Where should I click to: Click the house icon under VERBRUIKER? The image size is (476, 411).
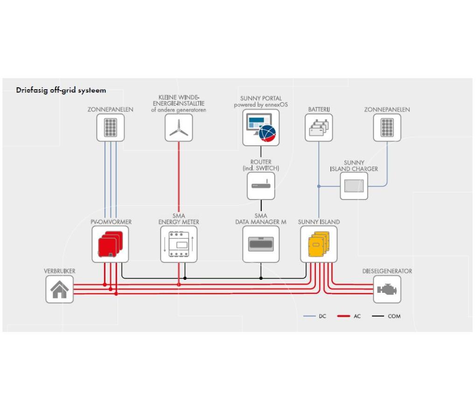pyautogui.click(x=60, y=290)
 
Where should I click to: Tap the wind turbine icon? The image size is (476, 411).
pyautogui.click(x=179, y=128)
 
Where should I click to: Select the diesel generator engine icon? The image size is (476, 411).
pyautogui.click(x=387, y=290)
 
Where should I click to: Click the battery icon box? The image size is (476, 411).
pyautogui.click(x=319, y=128)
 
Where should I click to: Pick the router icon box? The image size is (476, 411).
pyautogui.click(x=261, y=185)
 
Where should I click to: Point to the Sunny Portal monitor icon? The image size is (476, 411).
pyautogui.click(x=261, y=128)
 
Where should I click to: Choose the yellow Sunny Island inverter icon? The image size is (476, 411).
pyautogui.click(x=319, y=244)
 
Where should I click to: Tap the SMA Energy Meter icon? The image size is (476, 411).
pyautogui.click(x=179, y=244)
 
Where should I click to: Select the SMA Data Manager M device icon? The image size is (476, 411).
pyautogui.click(x=261, y=244)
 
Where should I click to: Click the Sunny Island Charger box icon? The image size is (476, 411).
pyautogui.click(x=354, y=186)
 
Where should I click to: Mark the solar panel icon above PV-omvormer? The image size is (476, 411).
pyautogui.click(x=110, y=128)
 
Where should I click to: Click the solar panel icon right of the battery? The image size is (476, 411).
pyautogui.click(x=387, y=128)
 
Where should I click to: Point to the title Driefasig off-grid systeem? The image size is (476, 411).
pyautogui.click(x=61, y=90)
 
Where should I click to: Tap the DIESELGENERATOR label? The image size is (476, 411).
pyautogui.click(x=387, y=271)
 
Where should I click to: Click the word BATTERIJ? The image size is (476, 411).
pyautogui.click(x=319, y=109)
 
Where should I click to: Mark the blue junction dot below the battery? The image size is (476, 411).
pyautogui.click(x=319, y=186)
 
